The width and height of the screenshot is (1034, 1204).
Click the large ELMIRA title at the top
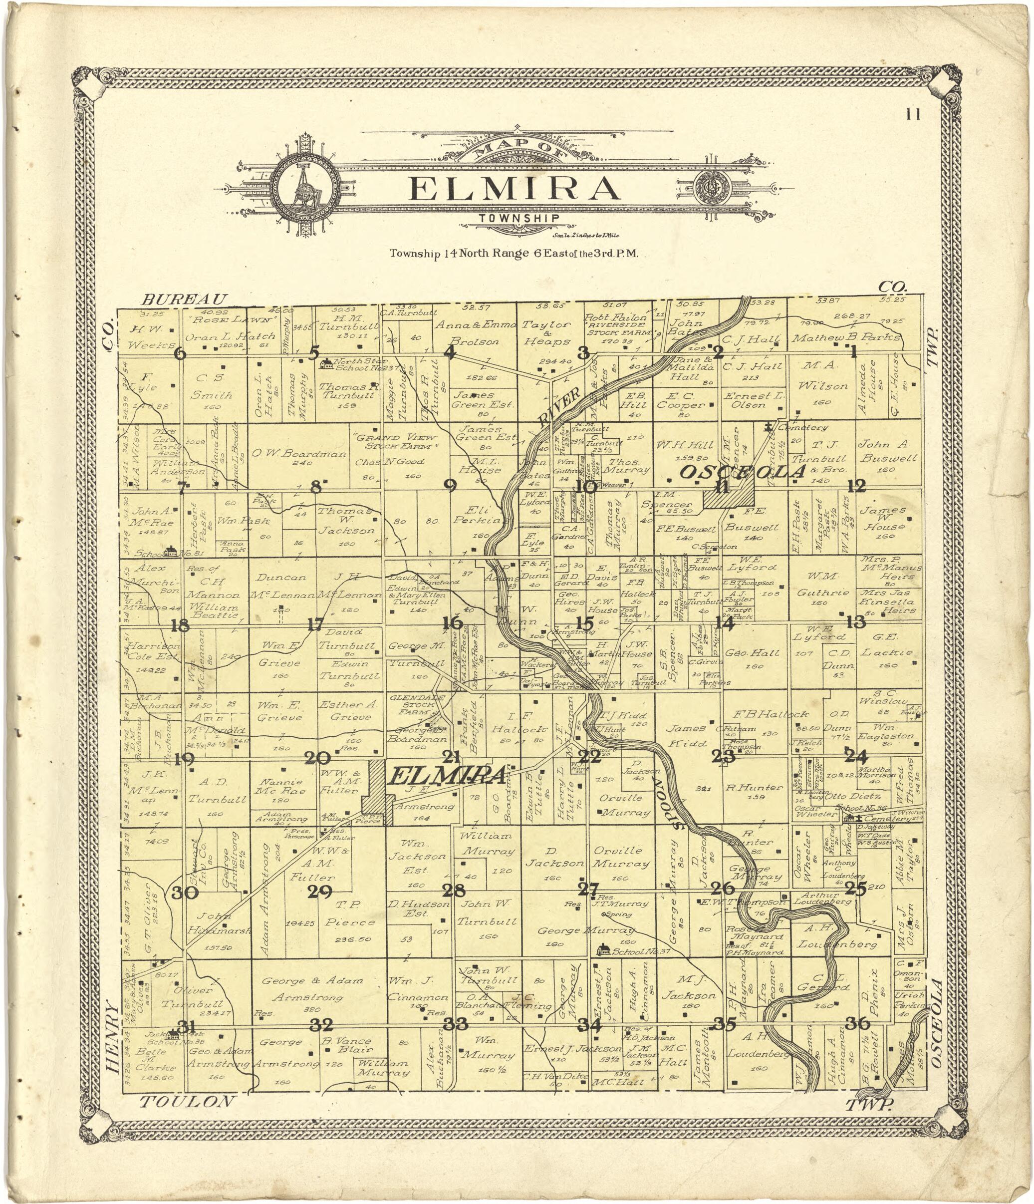tap(514, 188)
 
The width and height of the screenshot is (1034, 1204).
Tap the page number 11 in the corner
tap(913, 114)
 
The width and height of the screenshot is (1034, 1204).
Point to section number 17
tap(315, 624)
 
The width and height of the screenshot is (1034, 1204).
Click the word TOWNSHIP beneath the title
tap(519, 218)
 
